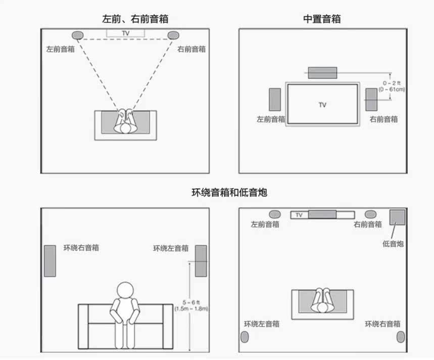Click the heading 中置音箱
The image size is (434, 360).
point(322,19)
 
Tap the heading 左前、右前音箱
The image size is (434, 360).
point(135,19)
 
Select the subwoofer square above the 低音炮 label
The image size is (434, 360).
point(397,217)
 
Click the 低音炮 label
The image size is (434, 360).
point(393,244)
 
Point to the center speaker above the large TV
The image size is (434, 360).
point(322,73)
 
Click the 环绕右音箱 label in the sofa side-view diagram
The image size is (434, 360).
point(81,248)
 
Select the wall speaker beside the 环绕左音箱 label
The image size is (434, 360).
point(201,260)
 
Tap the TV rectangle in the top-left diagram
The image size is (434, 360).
point(125,33)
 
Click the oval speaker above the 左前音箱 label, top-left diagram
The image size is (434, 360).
point(77,35)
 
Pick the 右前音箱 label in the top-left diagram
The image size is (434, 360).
point(191,49)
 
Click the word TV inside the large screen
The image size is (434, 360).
point(322,105)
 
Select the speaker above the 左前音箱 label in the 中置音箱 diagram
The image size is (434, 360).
point(275,100)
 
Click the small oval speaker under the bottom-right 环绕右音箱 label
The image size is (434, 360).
point(400,337)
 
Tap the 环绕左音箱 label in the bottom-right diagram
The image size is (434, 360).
point(262,324)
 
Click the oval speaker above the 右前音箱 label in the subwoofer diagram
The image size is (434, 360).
point(370,214)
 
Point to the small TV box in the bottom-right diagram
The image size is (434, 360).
point(299,215)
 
